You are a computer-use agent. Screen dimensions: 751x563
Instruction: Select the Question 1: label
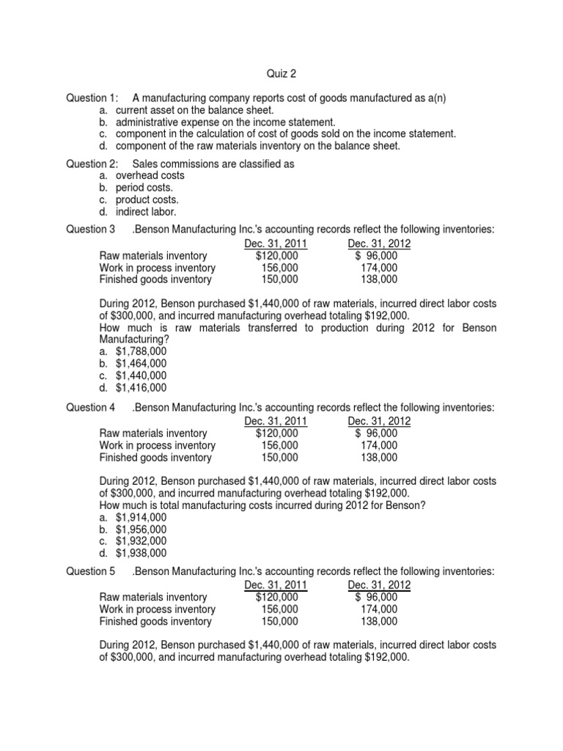coord(92,98)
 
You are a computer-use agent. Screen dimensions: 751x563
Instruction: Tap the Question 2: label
coord(92,164)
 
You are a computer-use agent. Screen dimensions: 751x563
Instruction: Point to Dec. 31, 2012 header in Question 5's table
coord(379,585)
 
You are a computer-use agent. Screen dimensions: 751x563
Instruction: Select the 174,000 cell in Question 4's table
coord(379,445)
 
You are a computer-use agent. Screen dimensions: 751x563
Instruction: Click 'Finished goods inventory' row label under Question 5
coord(155,621)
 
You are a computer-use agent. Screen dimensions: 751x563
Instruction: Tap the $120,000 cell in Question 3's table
coord(276,255)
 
